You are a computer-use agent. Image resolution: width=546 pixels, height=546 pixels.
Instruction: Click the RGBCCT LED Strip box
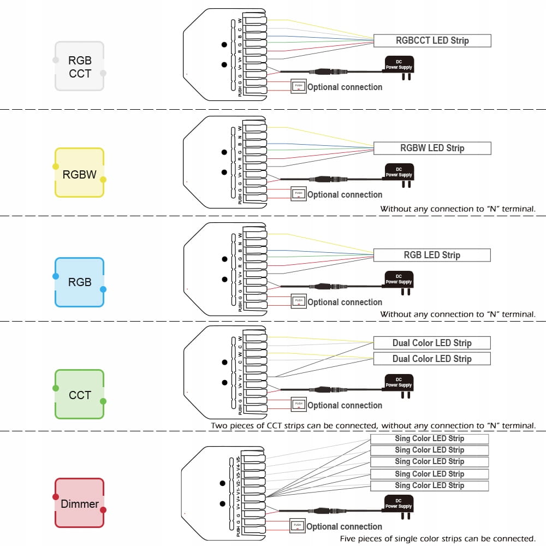tap(432, 40)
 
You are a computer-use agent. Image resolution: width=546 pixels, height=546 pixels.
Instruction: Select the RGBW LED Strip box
tap(432, 148)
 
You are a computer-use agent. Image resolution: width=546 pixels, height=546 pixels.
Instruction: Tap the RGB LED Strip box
tap(432, 255)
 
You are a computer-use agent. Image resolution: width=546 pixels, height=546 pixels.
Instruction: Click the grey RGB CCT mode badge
tap(80, 67)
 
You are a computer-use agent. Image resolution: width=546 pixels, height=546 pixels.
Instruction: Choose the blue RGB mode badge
tap(80, 282)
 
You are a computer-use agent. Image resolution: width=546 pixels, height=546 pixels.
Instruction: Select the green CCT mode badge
tap(80, 394)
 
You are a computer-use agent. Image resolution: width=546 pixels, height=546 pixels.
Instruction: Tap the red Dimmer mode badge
tap(80, 503)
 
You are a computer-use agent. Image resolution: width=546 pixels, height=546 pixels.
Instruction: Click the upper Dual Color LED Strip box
tap(432, 343)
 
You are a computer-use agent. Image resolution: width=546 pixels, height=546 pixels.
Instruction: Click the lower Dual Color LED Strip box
tap(432, 359)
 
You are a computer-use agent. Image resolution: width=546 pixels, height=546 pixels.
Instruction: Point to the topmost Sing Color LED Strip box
tap(429, 438)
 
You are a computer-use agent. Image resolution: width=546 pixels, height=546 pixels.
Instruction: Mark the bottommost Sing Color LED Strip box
tap(429, 485)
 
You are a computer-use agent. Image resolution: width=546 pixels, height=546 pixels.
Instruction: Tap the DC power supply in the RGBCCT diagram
tap(399, 66)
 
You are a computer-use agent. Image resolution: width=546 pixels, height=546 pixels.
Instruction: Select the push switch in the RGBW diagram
tap(298, 193)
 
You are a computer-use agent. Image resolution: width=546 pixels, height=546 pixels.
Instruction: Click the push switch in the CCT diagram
tap(298, 405)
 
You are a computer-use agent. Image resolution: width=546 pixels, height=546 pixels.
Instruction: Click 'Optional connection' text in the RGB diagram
tap(345, 302)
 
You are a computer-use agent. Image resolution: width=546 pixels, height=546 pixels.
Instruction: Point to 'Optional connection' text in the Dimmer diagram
tap(344, 526)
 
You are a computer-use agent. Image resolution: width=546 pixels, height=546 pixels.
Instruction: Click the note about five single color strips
tap(437, 539)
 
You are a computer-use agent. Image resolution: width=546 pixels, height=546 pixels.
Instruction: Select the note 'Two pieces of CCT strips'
tap(373, 425)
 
